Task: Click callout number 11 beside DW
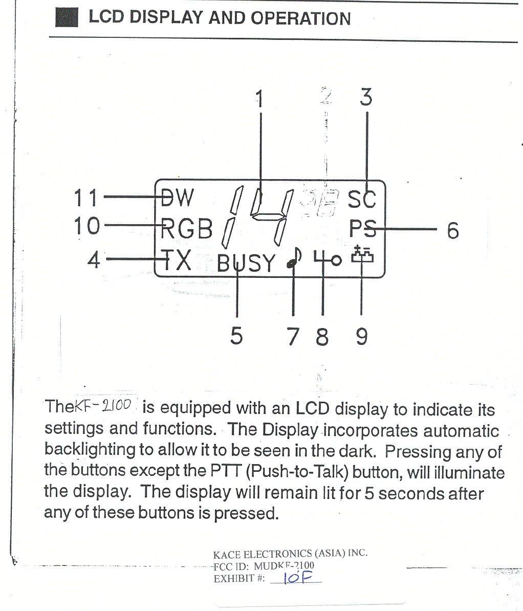85,198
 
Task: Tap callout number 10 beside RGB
86,226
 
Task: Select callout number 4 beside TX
94,259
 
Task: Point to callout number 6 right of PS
453,231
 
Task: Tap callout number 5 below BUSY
236,336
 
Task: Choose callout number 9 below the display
362,337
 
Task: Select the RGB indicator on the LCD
186,229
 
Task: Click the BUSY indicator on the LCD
246,263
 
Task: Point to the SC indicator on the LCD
362,199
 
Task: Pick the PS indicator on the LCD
363,229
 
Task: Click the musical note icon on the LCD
294,258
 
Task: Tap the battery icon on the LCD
362,255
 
